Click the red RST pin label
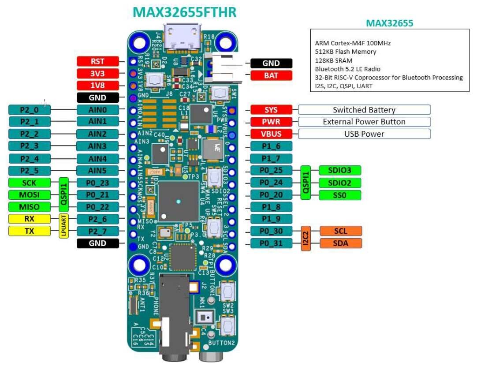[x=97, y=61]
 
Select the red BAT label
[x=271, y=75]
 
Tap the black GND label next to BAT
[x=271, y=63]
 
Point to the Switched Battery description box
[x=364, y=110]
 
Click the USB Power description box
[x=364, y=134]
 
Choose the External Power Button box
[x=364, y=122]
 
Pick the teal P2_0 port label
[x=30, y=110]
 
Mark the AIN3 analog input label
[x=97, y=146]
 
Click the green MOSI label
[x=30, y=194]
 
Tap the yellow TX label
[x=30, y=231]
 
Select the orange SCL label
[x=340, y=231]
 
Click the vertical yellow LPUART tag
[x=64, y=225]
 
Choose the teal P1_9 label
[x=271, y=219]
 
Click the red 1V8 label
[x=97, y=86]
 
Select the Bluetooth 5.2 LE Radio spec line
[x=348, y=69]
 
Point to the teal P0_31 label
[x=271, y=243]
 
